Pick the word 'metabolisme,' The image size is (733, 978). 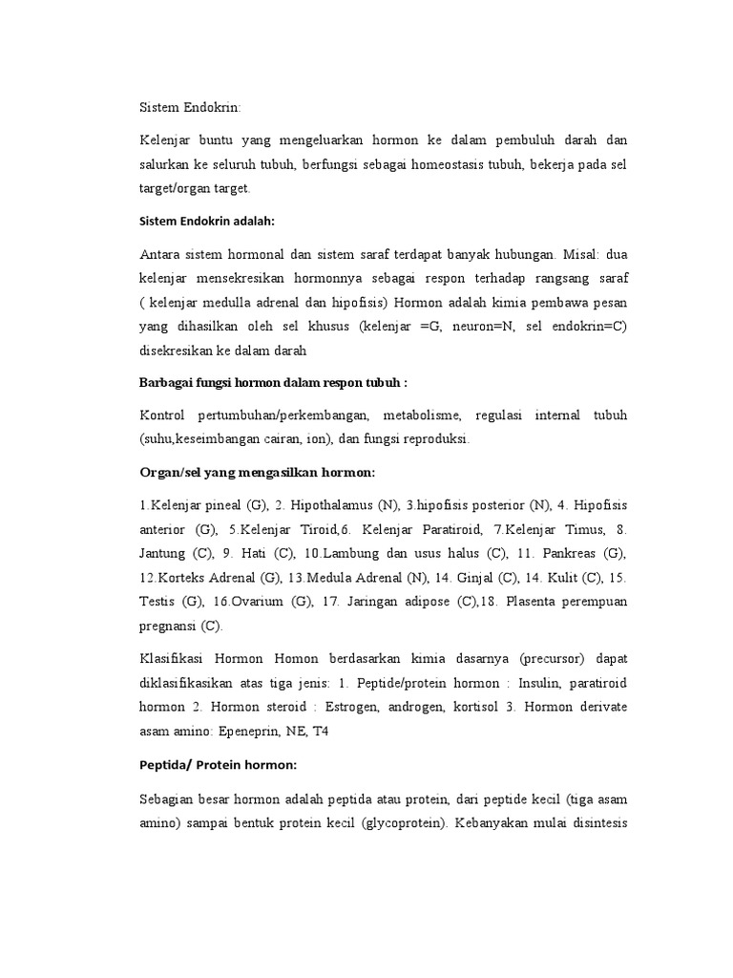coord(423,415)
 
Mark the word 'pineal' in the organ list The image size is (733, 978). coord(220,504)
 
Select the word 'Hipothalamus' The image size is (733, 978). coord(330,504)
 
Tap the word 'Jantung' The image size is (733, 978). coord(163,553)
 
